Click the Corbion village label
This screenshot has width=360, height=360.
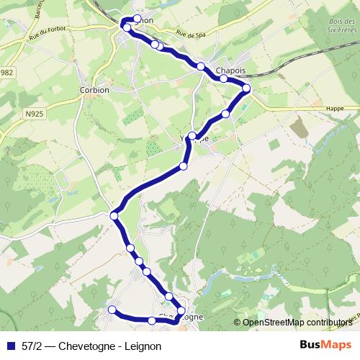coord(95,91)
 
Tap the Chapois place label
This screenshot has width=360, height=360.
coord(231,71)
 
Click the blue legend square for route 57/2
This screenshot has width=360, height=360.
coord(10,346)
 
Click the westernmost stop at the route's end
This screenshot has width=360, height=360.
coord(112,310)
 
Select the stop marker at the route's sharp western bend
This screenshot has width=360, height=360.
coord(114,215)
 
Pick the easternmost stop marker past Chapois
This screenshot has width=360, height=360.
coord(246,89)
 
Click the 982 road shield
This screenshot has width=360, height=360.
coord(7,73)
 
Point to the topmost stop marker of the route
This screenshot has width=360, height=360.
coord(137,18)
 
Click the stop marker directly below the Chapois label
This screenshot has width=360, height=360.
coord(224,78)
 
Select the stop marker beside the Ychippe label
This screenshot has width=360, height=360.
coord(192,135)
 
